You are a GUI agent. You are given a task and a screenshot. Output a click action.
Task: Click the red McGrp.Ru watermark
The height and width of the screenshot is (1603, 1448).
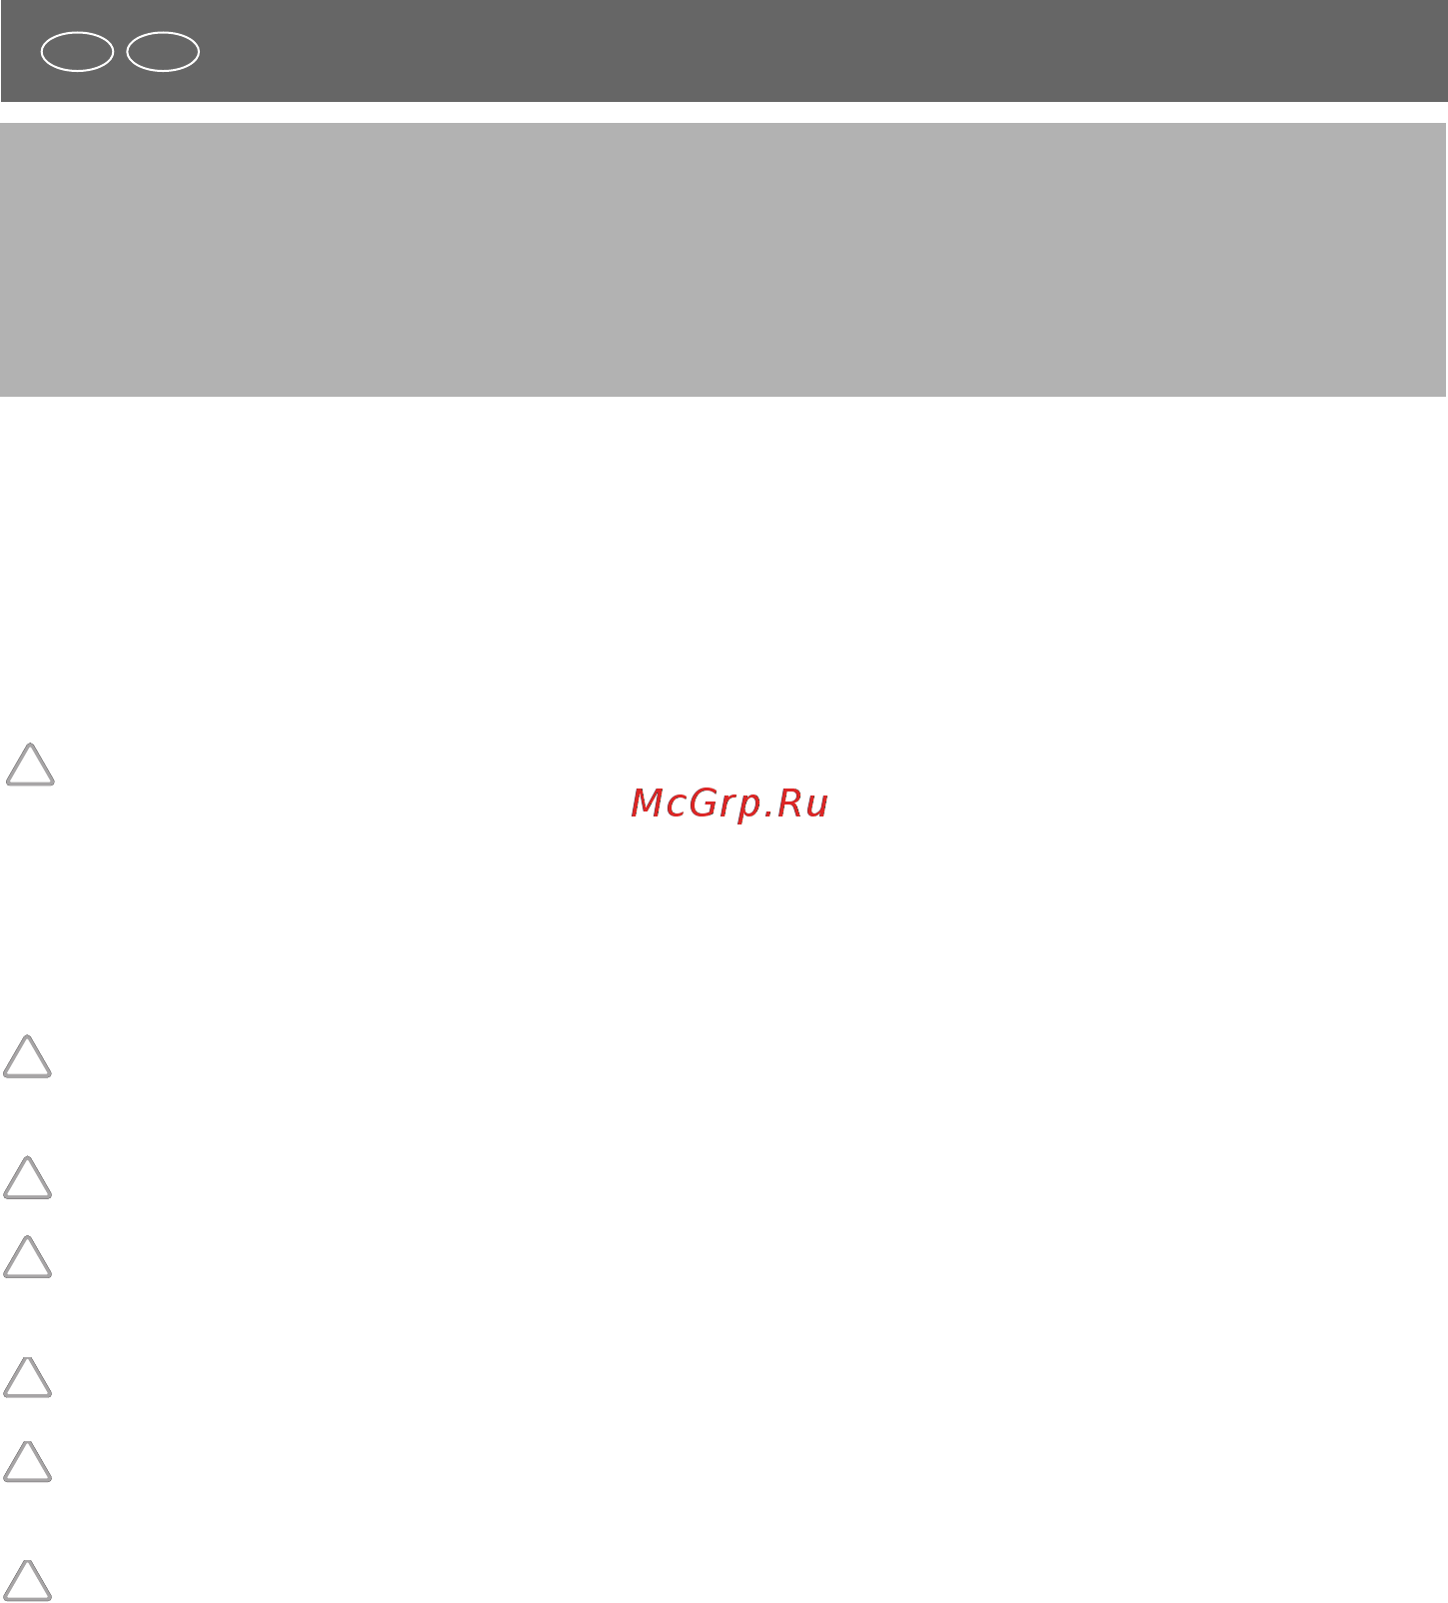pos(729,804)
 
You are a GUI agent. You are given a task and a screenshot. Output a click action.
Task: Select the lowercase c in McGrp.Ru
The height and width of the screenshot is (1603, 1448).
pos(682,807)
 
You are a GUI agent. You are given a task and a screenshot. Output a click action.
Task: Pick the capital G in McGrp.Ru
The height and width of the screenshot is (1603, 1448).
pos(711,803)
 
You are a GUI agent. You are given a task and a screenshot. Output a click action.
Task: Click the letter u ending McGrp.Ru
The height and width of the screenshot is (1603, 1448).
pos(818,807)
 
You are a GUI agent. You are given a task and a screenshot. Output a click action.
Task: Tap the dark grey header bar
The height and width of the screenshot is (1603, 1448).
pos(724,51)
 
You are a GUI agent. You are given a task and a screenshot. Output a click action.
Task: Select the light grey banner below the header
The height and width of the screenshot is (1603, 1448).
pos(724,260)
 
